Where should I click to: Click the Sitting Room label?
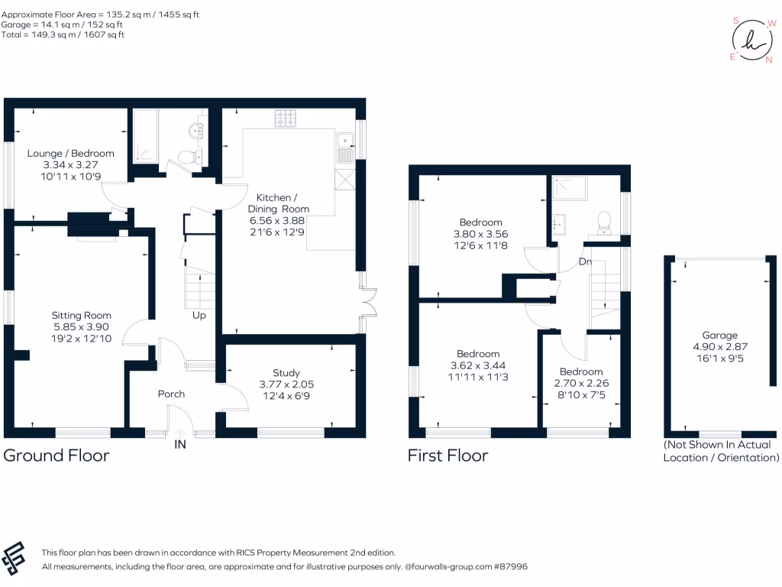tap(81, 316)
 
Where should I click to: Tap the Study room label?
tap(286, 373)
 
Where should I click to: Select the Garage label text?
tap(719, 336)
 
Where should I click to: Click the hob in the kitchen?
tap(286, 118)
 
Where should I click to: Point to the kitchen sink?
tap(345, 148)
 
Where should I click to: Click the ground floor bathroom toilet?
tap(190, 157)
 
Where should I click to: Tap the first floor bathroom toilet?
tap(605, 223)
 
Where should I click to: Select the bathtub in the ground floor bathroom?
tap(145, 136)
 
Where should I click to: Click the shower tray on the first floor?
tap(570, 188)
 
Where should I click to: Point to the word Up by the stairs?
tap(199, 316)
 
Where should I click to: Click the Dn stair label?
tap(585, 261)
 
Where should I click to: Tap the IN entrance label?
tap(180, 444)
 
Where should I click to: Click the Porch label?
tap(171, 394)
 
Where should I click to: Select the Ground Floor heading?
tap(57, 456)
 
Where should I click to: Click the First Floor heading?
tap(448, 456)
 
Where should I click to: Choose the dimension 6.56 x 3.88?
tap(276, 221)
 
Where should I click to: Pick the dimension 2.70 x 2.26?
tap(581, 384)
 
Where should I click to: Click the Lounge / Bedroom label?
tap(71, 153)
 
